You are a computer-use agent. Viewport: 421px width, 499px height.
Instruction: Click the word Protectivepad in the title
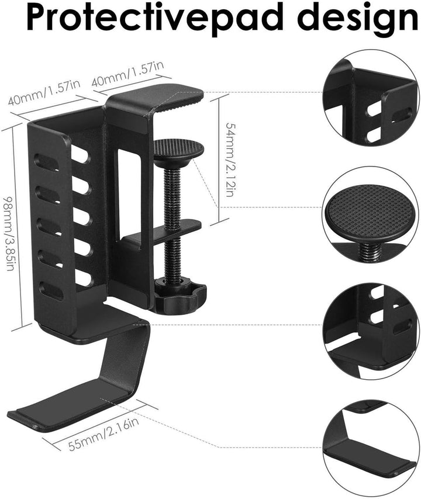coord(155,16)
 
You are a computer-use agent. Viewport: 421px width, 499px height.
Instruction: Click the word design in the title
coord(360,16)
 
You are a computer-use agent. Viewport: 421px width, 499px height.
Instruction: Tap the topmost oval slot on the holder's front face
coord(47,162)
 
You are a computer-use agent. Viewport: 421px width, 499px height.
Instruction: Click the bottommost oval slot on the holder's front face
coord(51,291)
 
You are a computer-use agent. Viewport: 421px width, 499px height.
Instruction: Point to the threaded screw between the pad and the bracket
coord(172,223)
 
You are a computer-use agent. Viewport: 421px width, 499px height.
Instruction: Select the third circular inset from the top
coord(371,331)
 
